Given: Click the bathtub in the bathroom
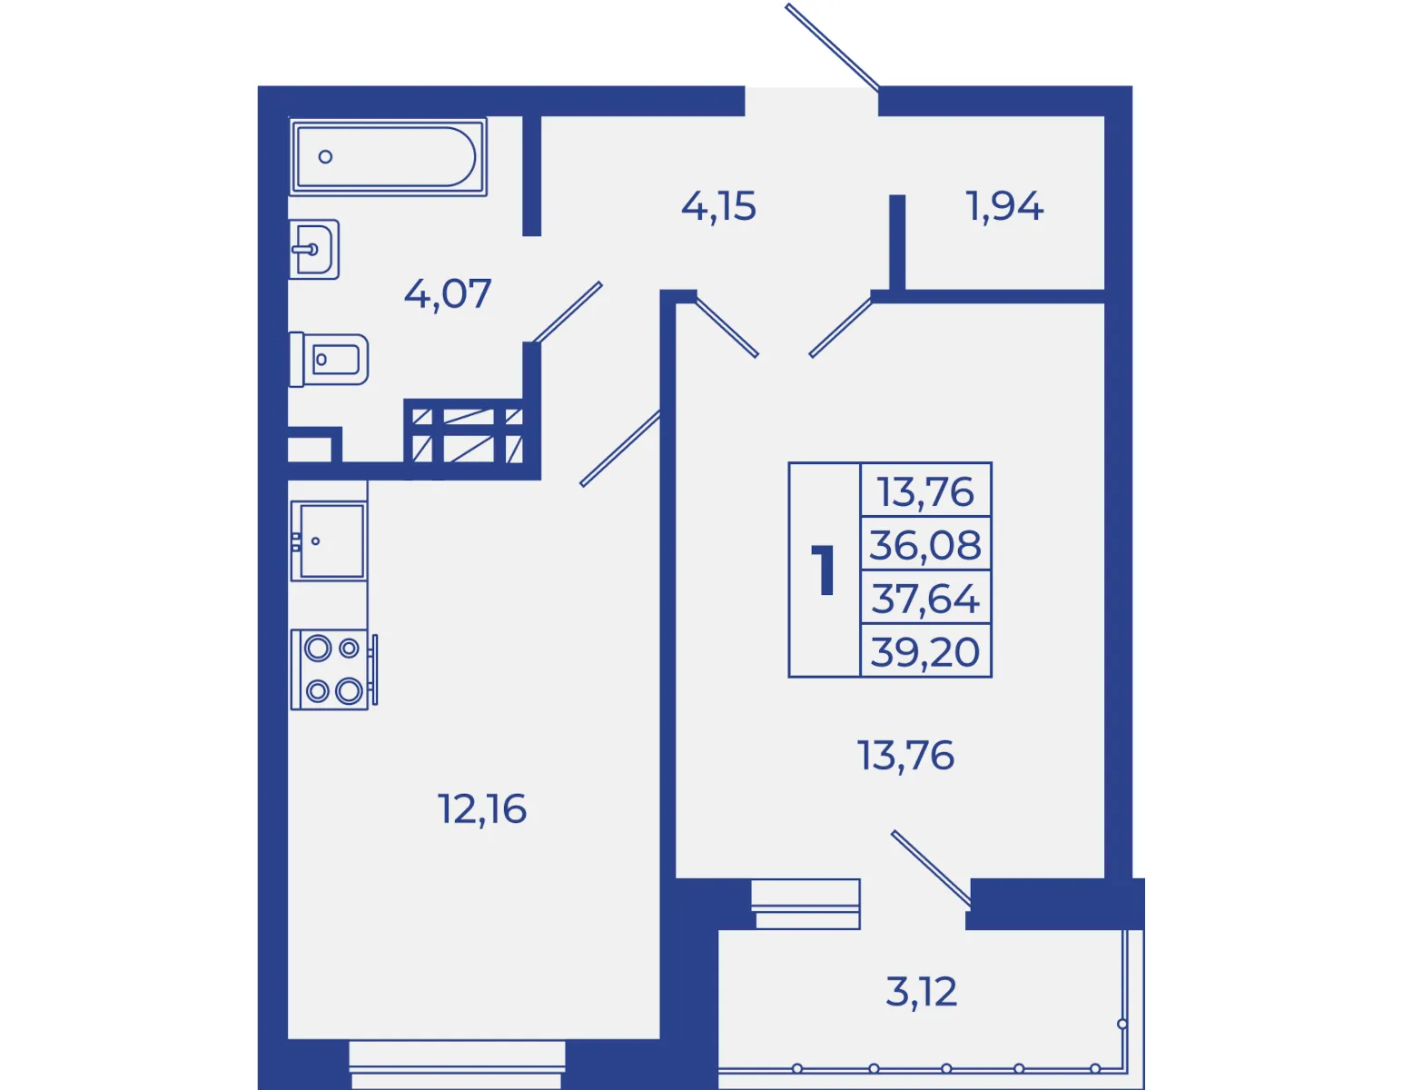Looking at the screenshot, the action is click(388, 157).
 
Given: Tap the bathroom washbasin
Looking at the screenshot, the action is click(314, 249).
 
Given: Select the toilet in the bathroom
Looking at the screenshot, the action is click(329, 360).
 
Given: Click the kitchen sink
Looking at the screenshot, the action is click(328, 541).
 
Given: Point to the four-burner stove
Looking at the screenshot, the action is click(333, 670).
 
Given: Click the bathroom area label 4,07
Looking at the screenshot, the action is click(448, 293).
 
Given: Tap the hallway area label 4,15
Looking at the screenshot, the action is click(718, 206).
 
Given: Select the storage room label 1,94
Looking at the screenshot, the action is click(1004, 206).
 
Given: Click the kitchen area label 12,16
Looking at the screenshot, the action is click(482, 809).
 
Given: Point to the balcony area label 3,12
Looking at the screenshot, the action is click(922, 992).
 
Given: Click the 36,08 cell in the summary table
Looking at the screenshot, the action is click(926, 544).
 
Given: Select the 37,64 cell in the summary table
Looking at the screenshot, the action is click(926, 598).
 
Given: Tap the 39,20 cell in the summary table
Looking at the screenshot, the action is click(926, 651).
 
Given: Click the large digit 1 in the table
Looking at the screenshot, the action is click(825, 570).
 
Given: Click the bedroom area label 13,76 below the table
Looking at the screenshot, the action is click(906, 756).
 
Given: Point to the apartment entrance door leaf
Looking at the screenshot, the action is click(832, 46).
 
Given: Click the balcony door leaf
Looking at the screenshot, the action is click(931, 868).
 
